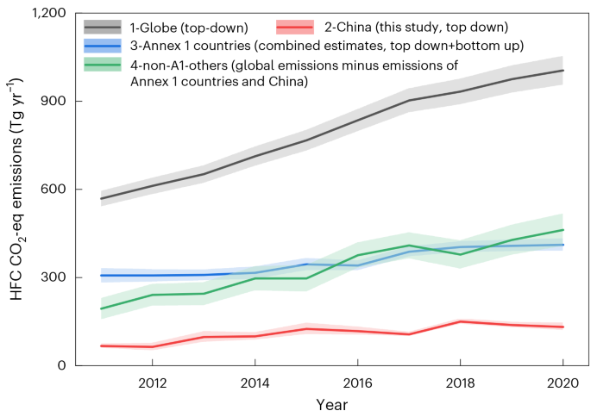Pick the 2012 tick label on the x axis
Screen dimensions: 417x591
pyautogui.click(x=152, y=382)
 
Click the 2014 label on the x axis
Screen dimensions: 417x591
pyautogui.click(x=255, y=382)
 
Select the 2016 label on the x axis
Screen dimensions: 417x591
pyautogui.click(x=357, y=382)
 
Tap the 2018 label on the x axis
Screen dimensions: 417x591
pyautogui.click(x=460, y=382)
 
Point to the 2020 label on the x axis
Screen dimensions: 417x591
pyautogui.click(x=563, y=382)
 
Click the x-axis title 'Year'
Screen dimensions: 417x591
pyautogui.click(x=331, y=402)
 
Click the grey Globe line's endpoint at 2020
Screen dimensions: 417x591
pyautogui.click(x=563, y=71)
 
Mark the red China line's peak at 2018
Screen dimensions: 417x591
pyautogui.click(x=460, y=321)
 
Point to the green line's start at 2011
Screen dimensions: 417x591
pyautogui.click(x=101, y=308)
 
